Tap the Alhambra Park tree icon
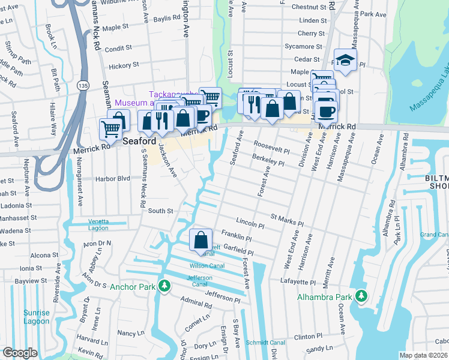click(x=361, y=296)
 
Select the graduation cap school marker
click(x=345, y=60)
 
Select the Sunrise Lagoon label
click(x=37, y=316)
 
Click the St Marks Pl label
click(x=287, y=219)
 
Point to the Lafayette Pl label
click(x=297, y=281)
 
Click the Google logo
click(x=20, y=353)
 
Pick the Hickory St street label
click(x=123, y=64)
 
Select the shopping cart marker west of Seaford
click(x=110, y=128)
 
